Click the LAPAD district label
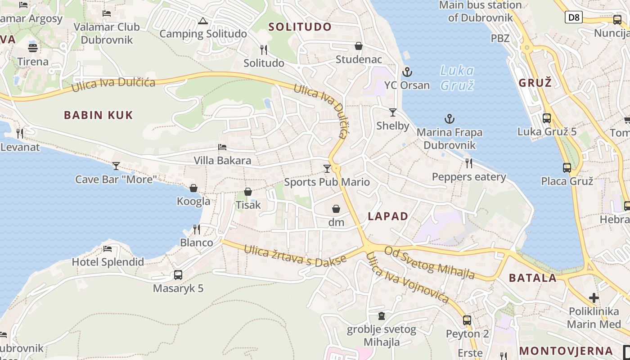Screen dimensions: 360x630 388,216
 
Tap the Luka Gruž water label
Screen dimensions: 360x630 457,78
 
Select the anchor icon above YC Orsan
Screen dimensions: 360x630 407,72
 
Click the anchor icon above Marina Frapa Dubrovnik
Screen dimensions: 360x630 449,119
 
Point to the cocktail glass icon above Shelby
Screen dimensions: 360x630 393,112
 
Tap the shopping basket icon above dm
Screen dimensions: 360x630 336,209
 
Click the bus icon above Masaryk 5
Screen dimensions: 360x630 178,274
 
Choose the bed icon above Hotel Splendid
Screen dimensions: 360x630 108,248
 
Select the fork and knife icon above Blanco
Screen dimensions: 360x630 197,229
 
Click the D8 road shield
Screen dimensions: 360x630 574,18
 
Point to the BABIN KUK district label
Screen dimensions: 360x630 99,115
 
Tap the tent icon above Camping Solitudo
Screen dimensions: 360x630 203,21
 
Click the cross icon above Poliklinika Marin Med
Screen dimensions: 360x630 594,297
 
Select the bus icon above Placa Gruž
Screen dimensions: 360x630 567,168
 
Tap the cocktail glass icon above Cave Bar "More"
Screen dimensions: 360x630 116,166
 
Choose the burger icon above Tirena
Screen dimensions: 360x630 33,48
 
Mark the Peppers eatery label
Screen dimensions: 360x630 469,177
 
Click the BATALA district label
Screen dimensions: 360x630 533,278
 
